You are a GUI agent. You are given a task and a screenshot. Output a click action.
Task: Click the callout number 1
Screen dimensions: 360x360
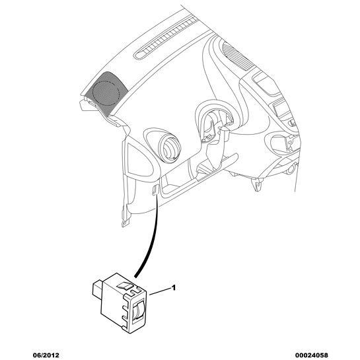(174, 287)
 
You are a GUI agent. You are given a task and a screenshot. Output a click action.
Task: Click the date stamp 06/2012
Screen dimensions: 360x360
(46, 355)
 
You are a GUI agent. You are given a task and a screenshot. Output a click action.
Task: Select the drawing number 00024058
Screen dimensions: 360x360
(311, 355)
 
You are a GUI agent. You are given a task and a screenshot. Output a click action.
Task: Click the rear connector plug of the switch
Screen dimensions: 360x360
(97, 291)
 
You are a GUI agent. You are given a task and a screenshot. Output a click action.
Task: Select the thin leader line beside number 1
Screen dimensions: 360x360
(160, 291)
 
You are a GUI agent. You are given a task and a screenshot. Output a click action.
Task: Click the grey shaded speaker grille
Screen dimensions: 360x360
(106, 92)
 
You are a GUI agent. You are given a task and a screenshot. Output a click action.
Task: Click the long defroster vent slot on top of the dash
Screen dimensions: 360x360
(165, 38)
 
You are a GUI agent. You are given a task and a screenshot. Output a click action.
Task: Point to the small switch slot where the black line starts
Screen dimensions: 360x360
(155, 190)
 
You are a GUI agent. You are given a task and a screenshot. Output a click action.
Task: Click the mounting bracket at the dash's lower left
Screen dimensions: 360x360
(126, 216)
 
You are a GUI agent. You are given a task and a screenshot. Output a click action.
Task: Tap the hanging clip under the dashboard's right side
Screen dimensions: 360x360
(257, 184)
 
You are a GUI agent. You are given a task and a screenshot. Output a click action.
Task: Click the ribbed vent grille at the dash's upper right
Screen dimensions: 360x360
(238, 56)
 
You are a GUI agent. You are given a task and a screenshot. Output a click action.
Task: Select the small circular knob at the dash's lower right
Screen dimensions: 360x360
(291, 169)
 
